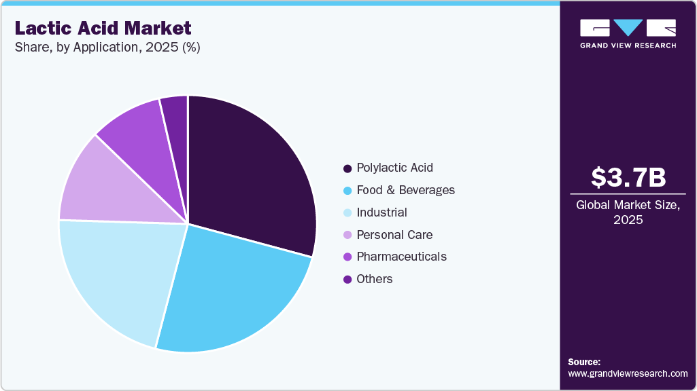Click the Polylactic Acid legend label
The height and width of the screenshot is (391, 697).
(394, 168)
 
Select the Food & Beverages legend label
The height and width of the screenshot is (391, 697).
(405, 190)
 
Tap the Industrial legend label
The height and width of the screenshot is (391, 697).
(381, 212)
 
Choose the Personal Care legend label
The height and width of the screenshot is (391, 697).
(394, 235)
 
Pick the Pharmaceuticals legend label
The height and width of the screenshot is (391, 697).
(401, 257)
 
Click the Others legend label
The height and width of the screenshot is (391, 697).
(375, 279)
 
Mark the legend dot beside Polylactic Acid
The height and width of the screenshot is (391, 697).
(347, 168)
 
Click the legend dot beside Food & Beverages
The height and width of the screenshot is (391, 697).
(347, 191)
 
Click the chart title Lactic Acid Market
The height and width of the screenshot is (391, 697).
(103, 28)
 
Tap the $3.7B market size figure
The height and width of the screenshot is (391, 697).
(628, 178)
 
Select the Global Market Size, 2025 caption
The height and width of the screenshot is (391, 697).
(628, 212)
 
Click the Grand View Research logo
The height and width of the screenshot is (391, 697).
(628, 33)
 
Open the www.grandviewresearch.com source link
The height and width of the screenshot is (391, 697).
(628, 373)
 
